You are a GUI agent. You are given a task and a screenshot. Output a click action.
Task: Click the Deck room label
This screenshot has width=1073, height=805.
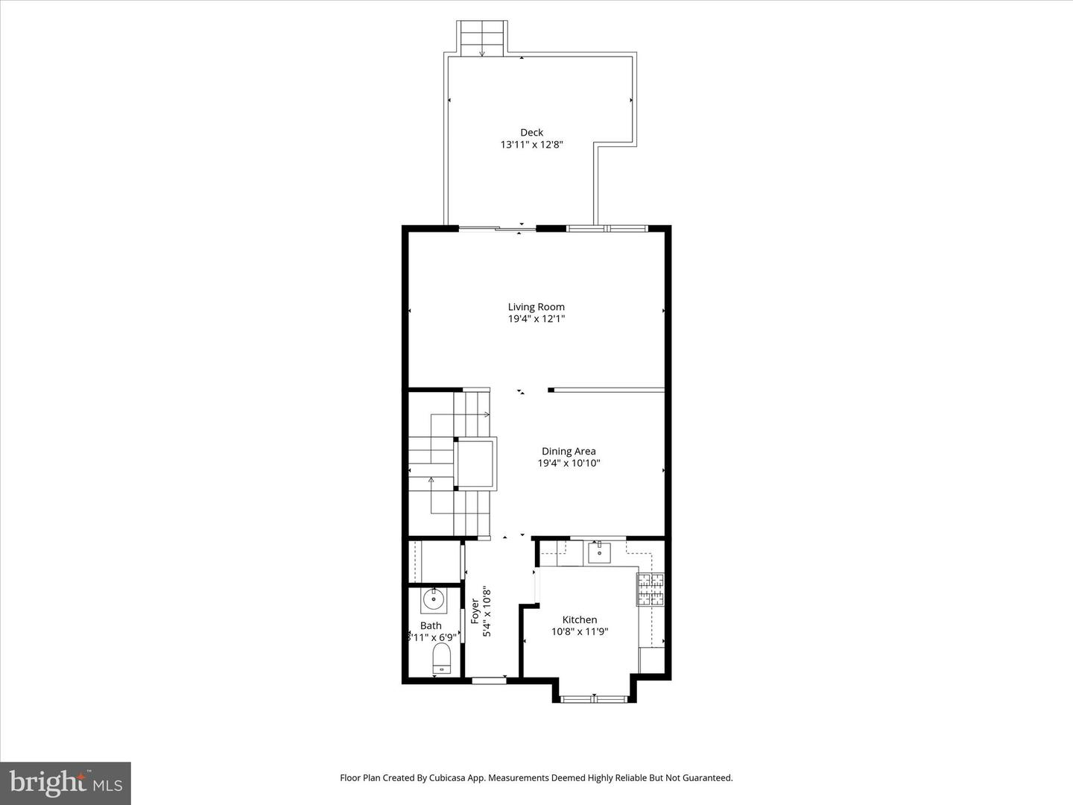click(x=531, y=133)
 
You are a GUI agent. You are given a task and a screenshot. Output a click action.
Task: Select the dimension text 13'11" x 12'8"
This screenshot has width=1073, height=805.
click(x=531, y=145)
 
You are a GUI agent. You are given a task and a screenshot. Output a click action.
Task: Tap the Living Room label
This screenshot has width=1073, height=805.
click(x=536, y=306)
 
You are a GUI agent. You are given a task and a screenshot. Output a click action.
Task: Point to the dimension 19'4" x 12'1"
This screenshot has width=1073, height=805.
click(x=536, y=318)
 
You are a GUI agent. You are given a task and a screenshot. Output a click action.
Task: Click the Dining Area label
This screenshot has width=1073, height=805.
click(x=569, y=451)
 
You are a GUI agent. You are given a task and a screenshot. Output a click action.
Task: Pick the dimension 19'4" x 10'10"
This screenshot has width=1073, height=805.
click(x=569, y=463)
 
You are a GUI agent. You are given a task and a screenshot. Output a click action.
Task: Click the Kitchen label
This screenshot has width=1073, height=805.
click(x=579, y=619)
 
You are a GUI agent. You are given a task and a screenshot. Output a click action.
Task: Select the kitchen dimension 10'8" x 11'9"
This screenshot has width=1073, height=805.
click(x=579, y=631)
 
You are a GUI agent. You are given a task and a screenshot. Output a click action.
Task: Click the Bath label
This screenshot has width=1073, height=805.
click(x=431, y=625)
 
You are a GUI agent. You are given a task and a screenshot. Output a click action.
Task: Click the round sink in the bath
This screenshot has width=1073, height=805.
click(x=434, y=599)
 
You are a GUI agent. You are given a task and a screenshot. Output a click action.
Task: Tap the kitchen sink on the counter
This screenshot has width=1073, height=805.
click(x=599, y=553)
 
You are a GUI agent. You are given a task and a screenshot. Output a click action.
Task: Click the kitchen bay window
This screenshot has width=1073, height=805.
click(x=594, y=698)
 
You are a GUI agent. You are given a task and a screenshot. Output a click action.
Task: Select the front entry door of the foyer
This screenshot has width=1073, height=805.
click(x=489, y=679)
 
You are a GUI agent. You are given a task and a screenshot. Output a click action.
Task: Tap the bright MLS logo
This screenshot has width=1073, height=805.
click(x=66, y=783)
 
